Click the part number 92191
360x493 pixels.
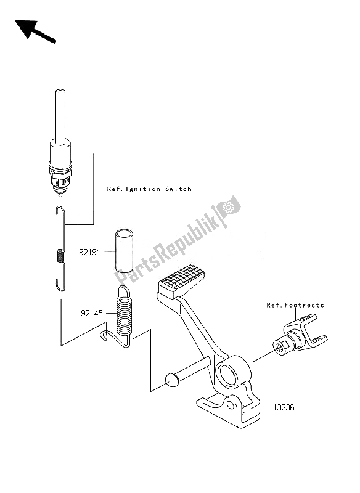[89, 252]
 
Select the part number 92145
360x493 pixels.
[92, 313]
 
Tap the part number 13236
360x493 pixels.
[284, 407]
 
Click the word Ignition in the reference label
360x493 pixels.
[143, 189]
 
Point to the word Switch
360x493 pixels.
[178, 189]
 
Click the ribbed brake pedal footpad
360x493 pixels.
[181, 282]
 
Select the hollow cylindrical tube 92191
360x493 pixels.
[123, 250]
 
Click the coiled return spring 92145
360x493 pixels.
[124, 314]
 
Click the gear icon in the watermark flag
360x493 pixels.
[227, 208]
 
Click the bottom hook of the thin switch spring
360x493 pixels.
[60, 285]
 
